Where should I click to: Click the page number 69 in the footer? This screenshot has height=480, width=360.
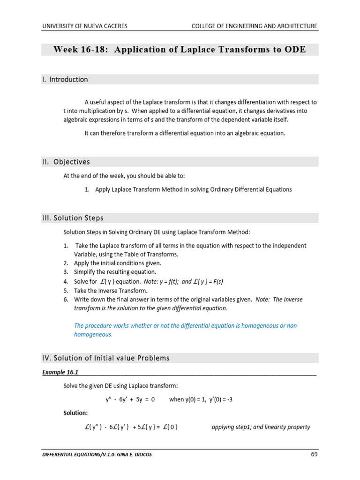[314, 454]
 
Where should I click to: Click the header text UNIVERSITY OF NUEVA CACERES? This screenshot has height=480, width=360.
[84, 26]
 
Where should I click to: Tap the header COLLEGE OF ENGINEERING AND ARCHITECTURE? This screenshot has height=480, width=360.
[254, 26]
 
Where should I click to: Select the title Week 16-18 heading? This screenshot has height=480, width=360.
[180, 50]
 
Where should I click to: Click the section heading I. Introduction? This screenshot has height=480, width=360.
[65, 80]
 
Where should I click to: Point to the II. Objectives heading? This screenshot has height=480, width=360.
[66, 162]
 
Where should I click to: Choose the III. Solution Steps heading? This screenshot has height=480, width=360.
[73, 218]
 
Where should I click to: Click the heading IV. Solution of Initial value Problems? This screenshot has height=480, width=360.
[105, 358]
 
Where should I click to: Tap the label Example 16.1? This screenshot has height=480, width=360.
[60, 372]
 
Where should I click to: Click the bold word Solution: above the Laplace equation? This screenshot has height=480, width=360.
[75, 413]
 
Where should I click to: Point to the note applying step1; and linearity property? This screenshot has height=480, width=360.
[261, 427]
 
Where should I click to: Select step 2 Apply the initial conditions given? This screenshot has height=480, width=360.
[121, 263]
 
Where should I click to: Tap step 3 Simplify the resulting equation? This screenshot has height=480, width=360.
[115, 272]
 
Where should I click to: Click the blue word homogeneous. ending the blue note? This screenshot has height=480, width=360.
[93, 335]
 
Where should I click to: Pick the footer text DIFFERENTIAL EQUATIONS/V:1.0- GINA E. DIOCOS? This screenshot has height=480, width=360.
[98, 455]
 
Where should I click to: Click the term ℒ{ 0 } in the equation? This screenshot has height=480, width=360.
[169, 427]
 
